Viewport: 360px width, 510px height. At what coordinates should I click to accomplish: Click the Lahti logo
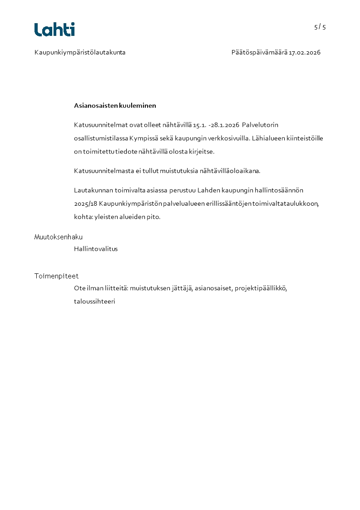(54, 30)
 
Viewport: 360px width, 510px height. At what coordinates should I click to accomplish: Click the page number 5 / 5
(320, 27)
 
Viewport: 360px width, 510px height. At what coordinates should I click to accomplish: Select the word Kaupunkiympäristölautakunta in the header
(80, 53)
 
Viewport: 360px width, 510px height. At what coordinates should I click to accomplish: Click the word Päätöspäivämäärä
(259, 53)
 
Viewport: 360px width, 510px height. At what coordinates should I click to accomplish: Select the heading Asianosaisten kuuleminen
(115, 106)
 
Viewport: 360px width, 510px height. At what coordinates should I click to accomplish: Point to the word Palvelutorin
(260, 125)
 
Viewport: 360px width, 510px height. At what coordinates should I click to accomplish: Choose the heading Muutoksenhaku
(59, 237)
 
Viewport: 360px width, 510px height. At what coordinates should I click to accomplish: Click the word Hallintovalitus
(96, 249)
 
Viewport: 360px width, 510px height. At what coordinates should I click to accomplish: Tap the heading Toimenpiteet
(57, 276)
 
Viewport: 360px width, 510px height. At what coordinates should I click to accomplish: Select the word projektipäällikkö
(261, 288)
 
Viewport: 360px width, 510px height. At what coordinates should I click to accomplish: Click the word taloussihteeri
(94, 301)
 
